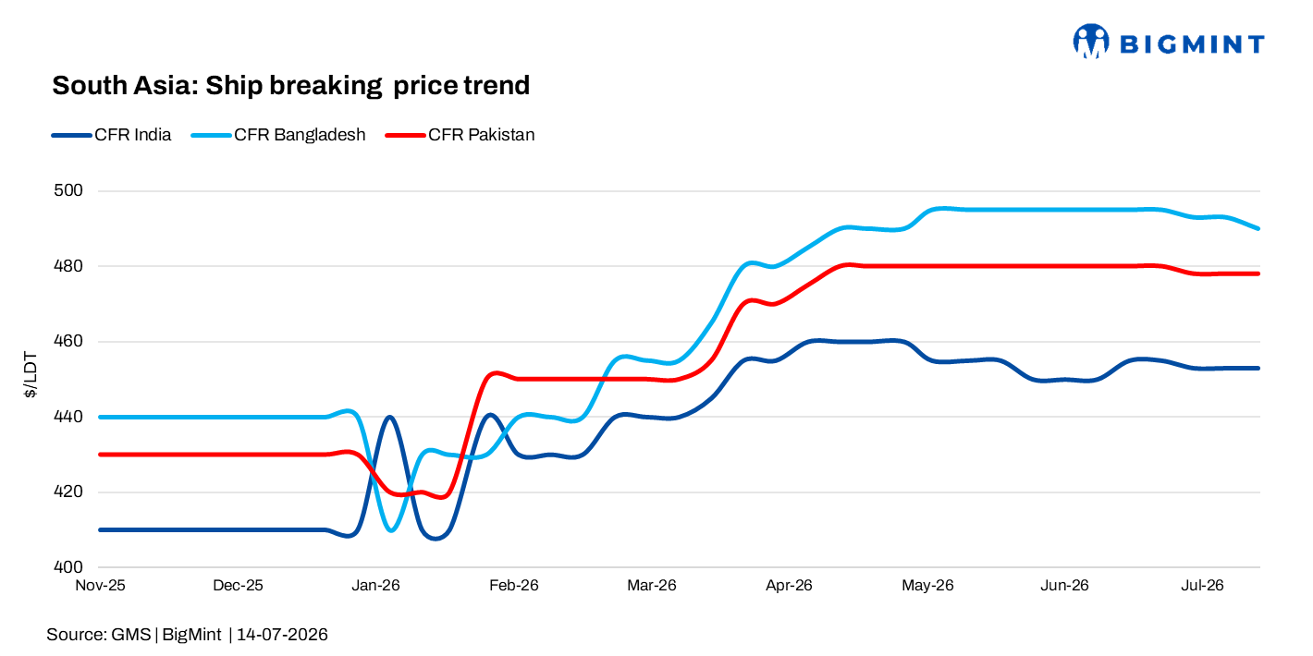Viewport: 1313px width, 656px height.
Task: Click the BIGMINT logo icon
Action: (x=1091, y=42)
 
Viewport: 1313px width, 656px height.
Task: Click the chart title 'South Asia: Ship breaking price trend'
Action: (x=290, y=86)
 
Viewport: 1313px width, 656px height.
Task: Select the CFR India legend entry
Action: (x=111, y=135)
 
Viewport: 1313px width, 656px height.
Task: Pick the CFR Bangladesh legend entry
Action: (x=278, y=135)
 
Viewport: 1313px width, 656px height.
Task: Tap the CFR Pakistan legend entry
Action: (x=460, y=135)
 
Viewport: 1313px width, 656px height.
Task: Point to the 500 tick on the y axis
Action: (x=68, y=190)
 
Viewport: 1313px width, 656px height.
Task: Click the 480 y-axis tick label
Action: (x=68, y=266)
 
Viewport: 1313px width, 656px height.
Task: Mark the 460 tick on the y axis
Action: (x=68, y=341)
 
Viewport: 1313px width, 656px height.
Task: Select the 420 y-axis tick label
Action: (x=68, y=492)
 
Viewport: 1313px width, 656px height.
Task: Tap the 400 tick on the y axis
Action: (x=68, y=567)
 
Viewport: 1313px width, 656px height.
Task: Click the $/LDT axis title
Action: (x=30, y=375)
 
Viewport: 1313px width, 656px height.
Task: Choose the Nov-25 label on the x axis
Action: (x=100, y=585)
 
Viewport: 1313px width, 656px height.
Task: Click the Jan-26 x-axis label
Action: (x=375, y=585)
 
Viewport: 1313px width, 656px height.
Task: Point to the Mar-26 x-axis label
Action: (x=652, y=585)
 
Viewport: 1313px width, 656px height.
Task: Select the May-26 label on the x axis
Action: (x=927, y=585)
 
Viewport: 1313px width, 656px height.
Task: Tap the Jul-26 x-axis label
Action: (x=1202, y=585)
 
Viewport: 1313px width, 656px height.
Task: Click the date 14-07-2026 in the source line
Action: (x=282, y=635)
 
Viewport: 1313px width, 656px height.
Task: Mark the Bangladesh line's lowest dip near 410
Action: (x=391, y=530)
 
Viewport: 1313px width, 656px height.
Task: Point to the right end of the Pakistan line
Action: (x=1258, y=273)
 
